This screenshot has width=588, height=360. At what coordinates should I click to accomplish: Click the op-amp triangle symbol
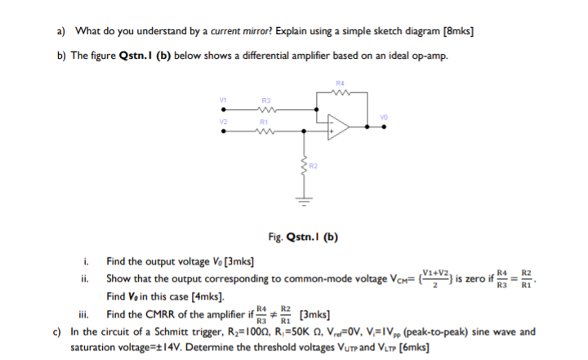pos(340,125)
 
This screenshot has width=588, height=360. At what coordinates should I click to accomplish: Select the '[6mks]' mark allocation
pos(412,347)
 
